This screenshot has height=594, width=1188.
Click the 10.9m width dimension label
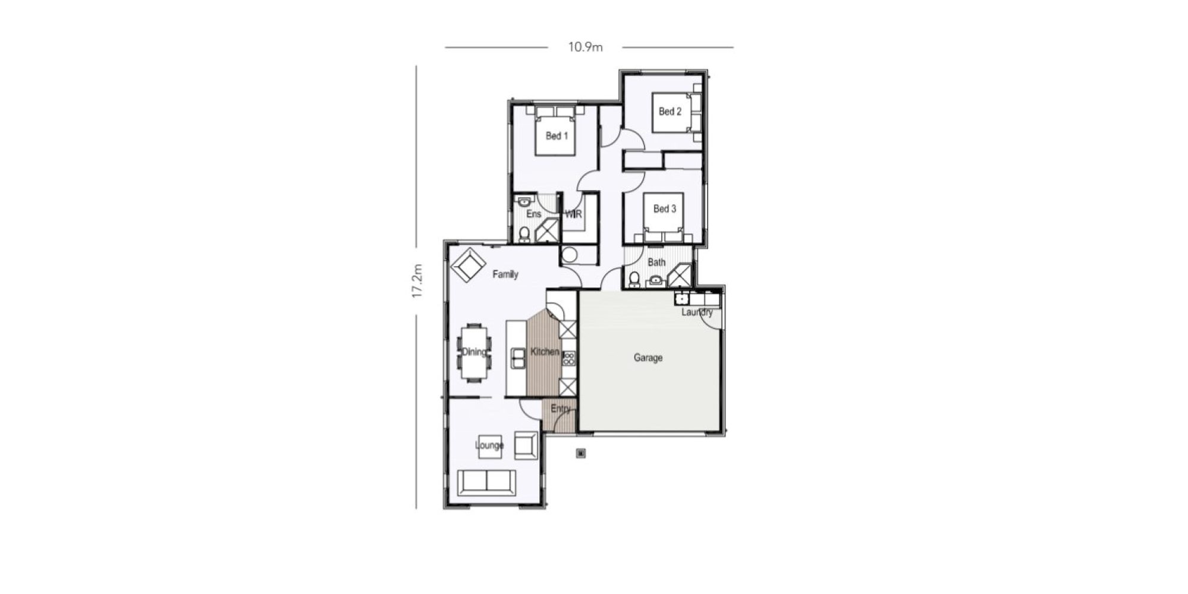pyautogui.click(x=585, y=47)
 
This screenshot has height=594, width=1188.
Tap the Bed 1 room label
pyautogui.click(x=557, y=136)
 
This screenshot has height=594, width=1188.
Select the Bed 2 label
pyautogui.click(x=670, y=111)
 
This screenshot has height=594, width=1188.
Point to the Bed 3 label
pyautogui.click(x=665, y=208)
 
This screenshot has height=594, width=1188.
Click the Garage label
pyautogui.click(x=648, y=358)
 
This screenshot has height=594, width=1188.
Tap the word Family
pyautogui.click(x=505, y=274)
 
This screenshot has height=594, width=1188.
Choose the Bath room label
pyautogui.click(x=656, y=262)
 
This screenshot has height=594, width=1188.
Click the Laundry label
pyautogui.click(x=697, y=312)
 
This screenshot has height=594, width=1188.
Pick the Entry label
pyautogui.click(x=561, y=409)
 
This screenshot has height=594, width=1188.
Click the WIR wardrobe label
pyautogui.click(x=573, y=214)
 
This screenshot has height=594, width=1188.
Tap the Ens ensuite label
pyautogui.click(x=533, y=214)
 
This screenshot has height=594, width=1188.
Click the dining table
pyautogui.click(x=474, y=353)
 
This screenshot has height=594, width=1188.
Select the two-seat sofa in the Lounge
pyautogui.click(x=486, y=481)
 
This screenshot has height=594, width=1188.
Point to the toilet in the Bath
pyautogui.click(x=634, y=279)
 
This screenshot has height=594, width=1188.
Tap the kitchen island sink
pyautogui.click(x=518, y=359)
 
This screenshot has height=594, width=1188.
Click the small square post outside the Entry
pyautogui.click(x=581, y=454)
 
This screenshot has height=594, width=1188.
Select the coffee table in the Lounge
pyautogui.click(x=491, y=445)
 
